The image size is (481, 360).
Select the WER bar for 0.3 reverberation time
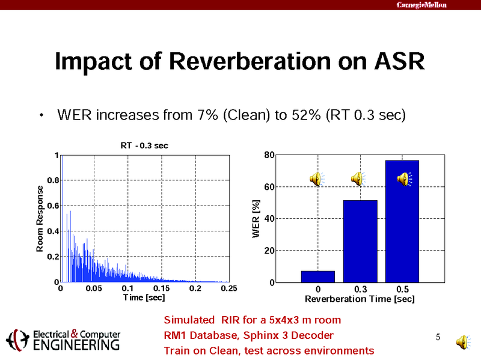(360, 240)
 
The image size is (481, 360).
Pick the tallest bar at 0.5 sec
(402, 228)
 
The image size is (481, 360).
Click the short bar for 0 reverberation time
(318, 276)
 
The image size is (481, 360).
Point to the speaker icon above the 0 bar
(316, 178)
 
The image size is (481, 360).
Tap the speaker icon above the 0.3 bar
(358, 178)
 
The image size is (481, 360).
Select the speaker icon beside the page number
(464, 342)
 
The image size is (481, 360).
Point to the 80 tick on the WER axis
(268, 155)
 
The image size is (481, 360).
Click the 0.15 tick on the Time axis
(161, 289)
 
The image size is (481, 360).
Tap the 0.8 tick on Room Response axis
(52, 180)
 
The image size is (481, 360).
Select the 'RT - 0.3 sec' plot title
(144, 145)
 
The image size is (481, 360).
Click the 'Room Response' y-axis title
(40, 218)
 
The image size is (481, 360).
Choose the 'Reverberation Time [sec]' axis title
(360, 298)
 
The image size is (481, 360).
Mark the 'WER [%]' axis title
(256, 219)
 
